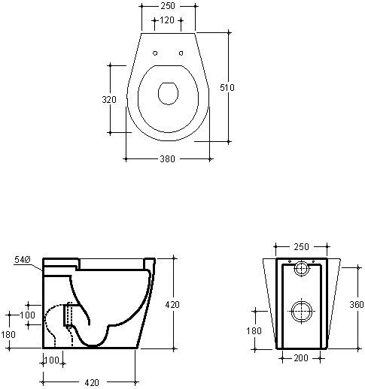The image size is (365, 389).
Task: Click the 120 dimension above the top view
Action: (167, 20)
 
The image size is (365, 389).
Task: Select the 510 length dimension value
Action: (227, 88)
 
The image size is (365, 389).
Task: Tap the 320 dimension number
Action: (109, 100)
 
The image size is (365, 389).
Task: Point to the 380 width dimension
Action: (167, 158)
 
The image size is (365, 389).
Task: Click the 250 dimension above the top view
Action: (168, 6)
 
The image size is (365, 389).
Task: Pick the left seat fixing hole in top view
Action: (155, 53)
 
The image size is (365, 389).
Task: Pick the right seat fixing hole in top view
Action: (181, 53)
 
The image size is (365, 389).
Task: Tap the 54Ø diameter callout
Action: (23, 260)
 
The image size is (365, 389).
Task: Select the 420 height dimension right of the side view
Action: (172, 305)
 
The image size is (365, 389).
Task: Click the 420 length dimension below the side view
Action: (92, 382)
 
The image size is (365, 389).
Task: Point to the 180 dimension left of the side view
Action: (8, 335)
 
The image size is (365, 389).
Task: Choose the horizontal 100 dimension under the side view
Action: (52, 360)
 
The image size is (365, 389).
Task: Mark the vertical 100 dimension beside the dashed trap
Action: (27, 315)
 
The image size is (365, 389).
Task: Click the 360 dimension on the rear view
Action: (357, 304)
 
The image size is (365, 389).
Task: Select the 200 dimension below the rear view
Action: (301, 358)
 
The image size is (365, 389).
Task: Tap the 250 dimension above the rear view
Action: (301, 247)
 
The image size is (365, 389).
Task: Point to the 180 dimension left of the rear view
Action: (254, 331)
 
